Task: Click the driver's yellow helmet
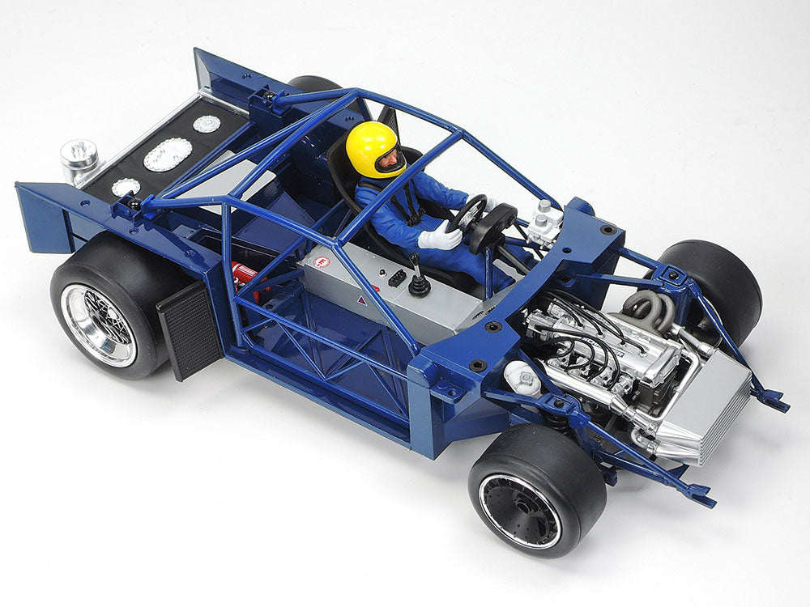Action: click(369, 146)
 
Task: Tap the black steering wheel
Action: click(469, 212)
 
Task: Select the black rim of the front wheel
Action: click(518, 510)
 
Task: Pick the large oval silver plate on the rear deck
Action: click(168, 154)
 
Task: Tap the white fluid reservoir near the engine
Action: click(522, 377)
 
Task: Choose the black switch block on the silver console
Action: click(396, 276)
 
